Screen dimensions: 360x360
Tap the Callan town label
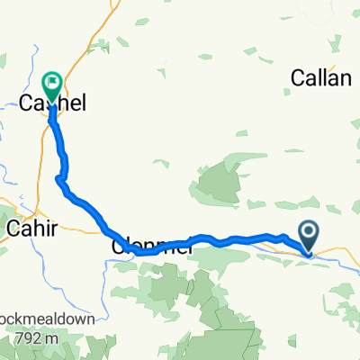point(320,79)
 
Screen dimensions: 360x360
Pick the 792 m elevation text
point(40,338)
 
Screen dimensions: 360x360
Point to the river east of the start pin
point(342,263)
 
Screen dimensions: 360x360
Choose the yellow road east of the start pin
point(337,254)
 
